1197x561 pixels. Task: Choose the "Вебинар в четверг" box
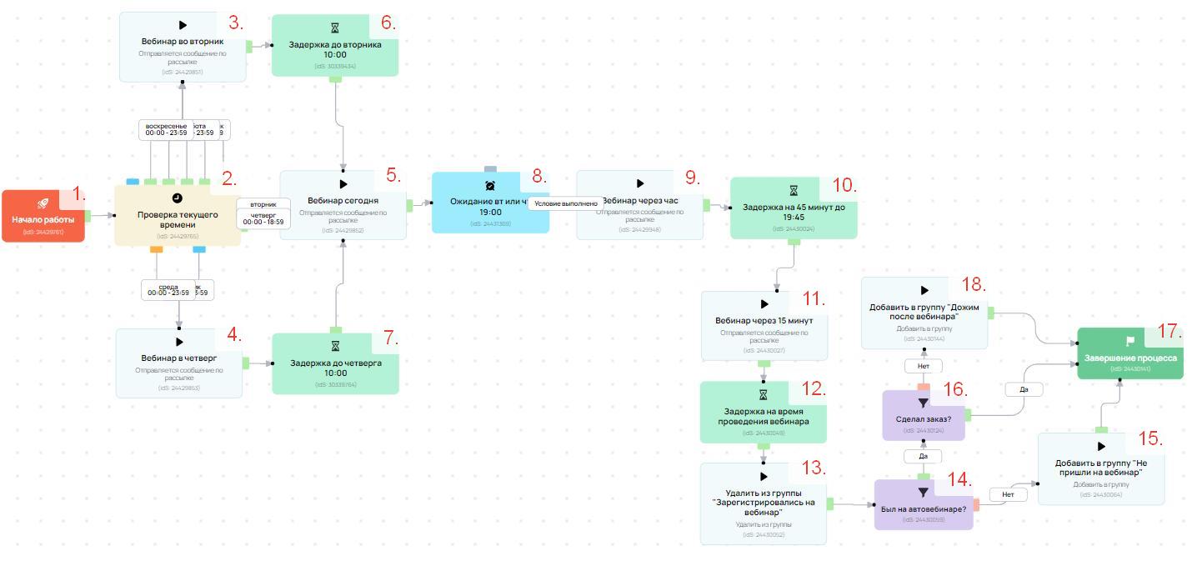click(179, 363)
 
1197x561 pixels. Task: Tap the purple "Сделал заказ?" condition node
click(923, 415)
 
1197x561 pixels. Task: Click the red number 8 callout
click(539, 177)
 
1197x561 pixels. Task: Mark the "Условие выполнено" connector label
click(566, 203)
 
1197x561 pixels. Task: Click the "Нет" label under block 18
click(923, 366)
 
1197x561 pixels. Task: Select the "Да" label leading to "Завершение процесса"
click(1023, 389)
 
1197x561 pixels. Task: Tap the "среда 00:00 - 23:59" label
click(168, 289)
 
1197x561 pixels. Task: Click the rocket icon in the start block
click(43, 203)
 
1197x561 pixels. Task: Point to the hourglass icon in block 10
click(794, 191)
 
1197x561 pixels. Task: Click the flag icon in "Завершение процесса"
click(1130, 341)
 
